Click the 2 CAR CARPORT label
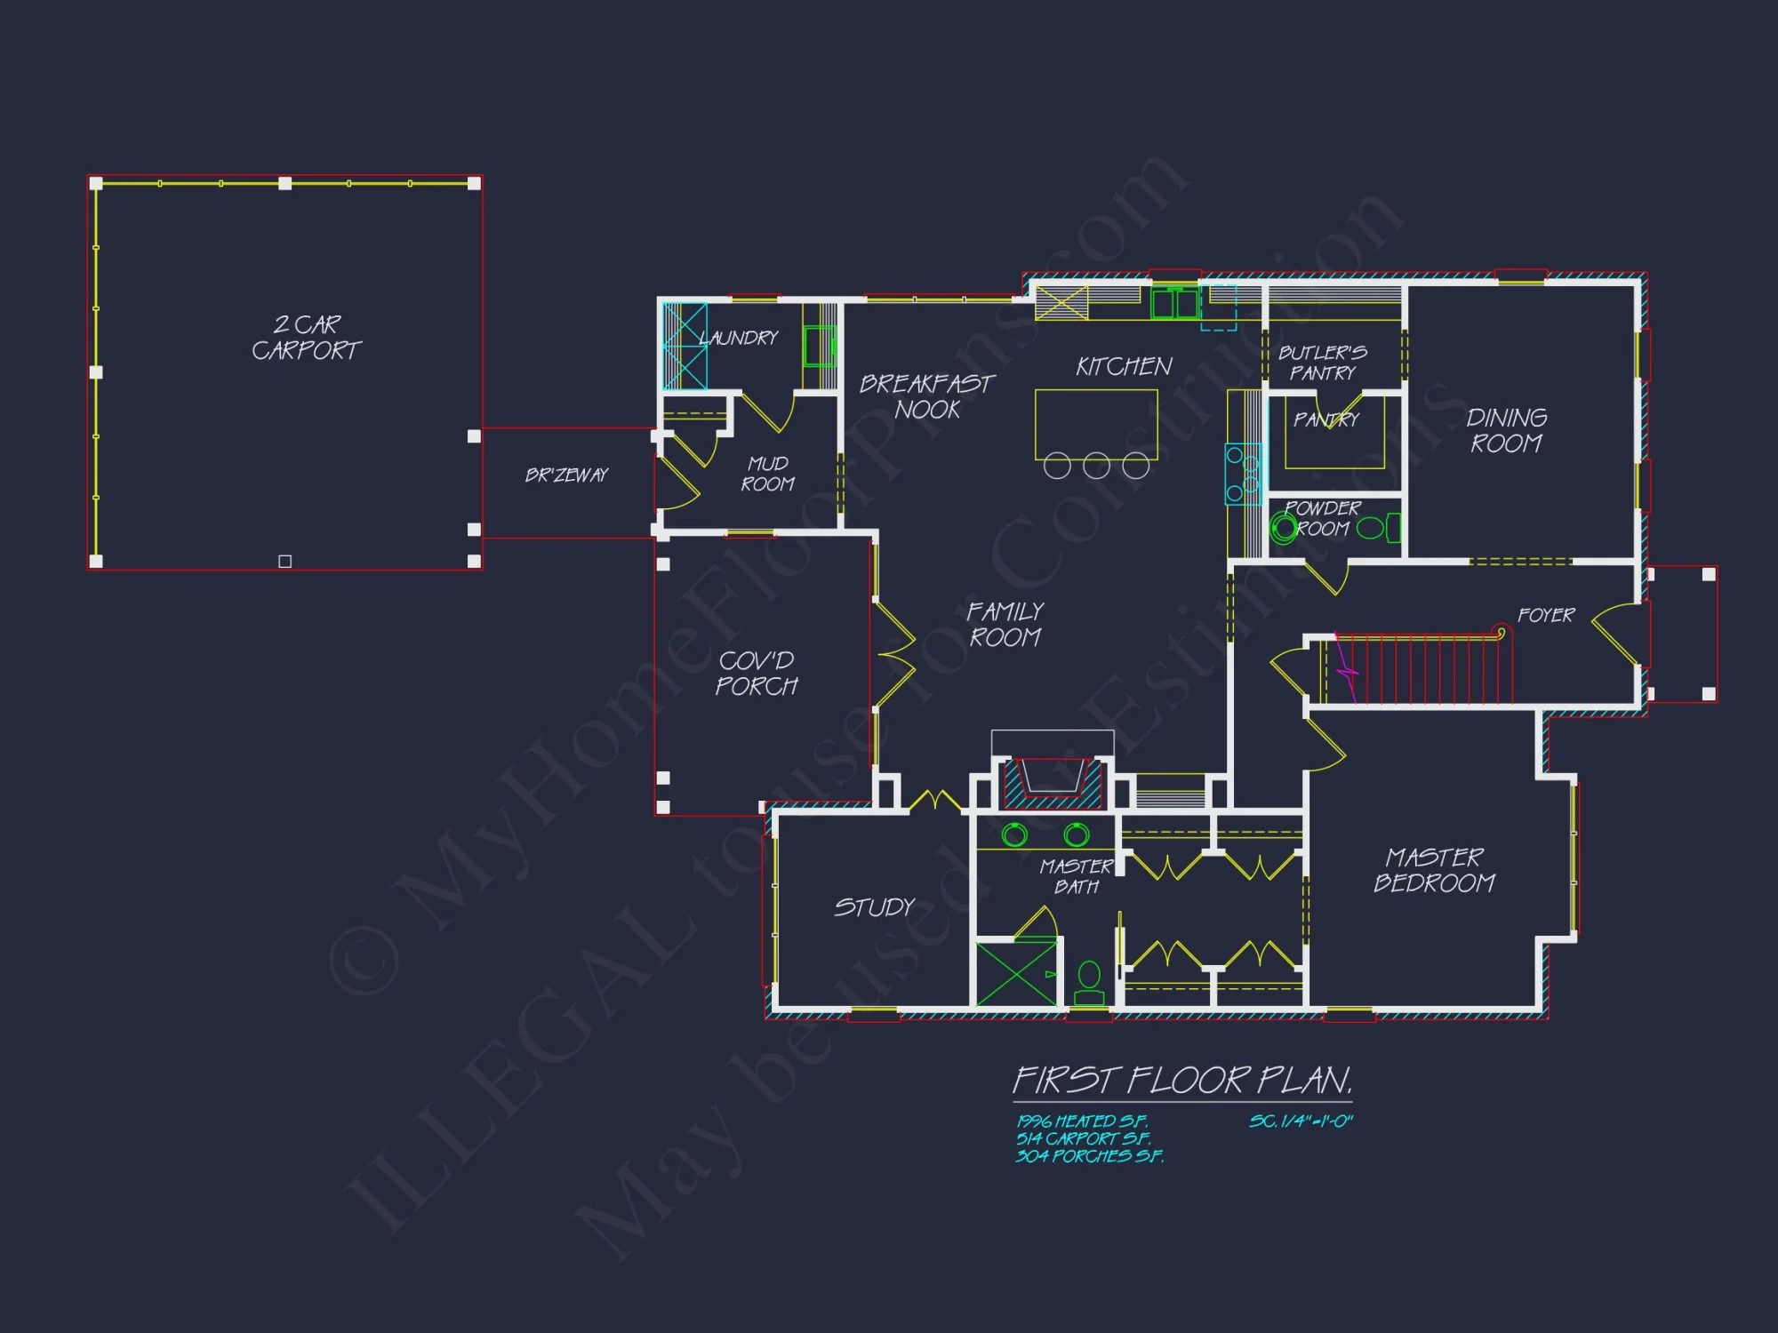point(306,338)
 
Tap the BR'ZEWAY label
point(566,475)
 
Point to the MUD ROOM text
point(768,474)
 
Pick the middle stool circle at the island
point(1096,466)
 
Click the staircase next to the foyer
point(1418,668)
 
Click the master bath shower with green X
point(1016,974)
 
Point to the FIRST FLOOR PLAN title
point(1182,1081)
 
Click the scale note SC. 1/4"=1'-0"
point(1300,1121)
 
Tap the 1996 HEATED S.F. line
point(1082,1121)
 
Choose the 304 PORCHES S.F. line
point(1089,1156)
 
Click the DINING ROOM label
point(1506,430)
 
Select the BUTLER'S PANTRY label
point(1322,363)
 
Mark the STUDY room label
point(874,907)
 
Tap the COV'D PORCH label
point(757,673)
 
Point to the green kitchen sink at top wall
point(1174,303)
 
